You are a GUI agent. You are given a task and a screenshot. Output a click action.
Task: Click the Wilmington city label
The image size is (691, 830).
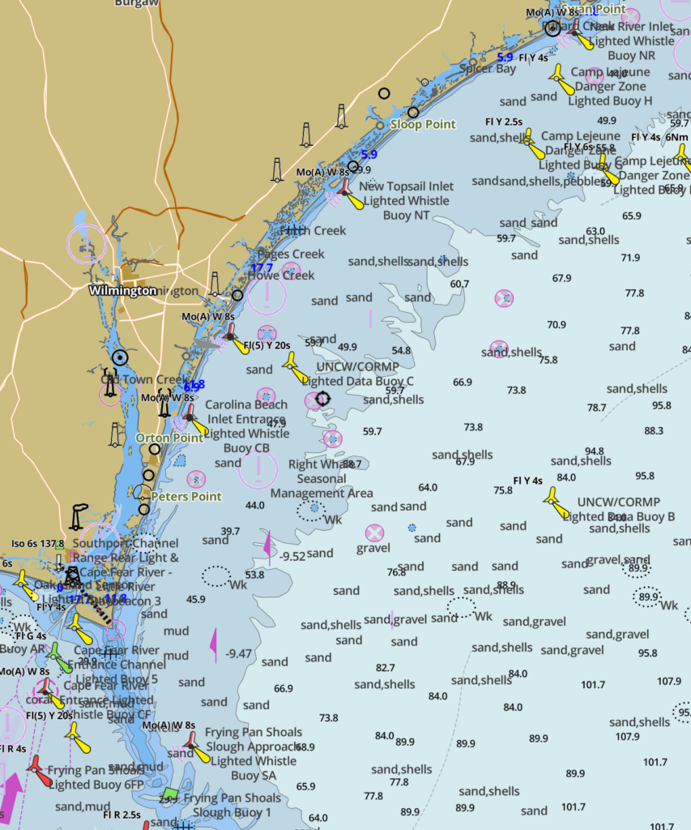click(122, 290)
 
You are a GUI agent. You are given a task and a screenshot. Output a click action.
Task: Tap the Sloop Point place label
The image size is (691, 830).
click(423, 124)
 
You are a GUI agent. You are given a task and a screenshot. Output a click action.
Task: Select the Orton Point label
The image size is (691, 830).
click(169, 438)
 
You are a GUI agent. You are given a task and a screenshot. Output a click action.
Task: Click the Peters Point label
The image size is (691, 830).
click(186, 496)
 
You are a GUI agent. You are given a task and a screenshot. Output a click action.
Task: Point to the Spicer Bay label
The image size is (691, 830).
click(488, 69)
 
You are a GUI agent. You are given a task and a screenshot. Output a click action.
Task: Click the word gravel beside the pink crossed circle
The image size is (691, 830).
click(373, 548)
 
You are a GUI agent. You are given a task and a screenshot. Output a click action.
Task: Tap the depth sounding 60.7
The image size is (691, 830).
click(459, 284)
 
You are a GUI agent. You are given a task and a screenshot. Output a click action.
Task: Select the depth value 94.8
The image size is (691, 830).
click(594, 451)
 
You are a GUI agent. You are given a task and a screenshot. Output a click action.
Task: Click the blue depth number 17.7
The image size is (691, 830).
click(262, 267)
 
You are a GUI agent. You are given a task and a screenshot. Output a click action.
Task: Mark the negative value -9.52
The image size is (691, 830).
click(292, 556)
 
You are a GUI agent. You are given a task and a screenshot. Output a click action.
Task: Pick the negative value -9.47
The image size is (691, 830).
click(240, 652)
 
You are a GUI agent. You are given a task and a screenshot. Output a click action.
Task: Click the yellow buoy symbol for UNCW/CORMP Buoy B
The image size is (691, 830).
click(555, 501)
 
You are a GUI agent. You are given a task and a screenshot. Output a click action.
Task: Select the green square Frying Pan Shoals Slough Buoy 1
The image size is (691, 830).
click(170, 793)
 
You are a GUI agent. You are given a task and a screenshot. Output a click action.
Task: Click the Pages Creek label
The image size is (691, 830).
click(291, 254)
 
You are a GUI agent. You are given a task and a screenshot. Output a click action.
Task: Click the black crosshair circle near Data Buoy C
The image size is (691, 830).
click(322, 398)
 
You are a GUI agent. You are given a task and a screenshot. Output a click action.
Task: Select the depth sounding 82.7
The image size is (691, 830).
click(386, 668)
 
